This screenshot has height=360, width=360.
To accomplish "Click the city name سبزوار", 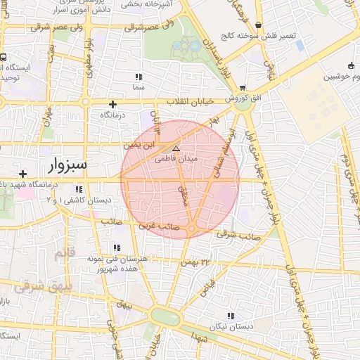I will coord(67,165).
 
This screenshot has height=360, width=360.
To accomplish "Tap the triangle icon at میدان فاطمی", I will coord(176,149).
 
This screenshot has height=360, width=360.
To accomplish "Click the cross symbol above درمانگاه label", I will coord(112,104).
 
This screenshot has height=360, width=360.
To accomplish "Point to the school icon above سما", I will coord(139,76).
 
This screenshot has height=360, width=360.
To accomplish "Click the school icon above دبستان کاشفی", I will coord(79,189).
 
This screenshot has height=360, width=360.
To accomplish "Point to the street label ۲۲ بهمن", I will coord(195,262).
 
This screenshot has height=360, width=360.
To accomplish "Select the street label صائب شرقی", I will coord(234,234).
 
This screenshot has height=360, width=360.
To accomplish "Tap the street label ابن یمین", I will coord(138,146).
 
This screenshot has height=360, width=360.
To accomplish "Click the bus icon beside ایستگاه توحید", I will coord(4,57).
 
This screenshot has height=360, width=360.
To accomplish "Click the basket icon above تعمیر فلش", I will coord(259,25).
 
